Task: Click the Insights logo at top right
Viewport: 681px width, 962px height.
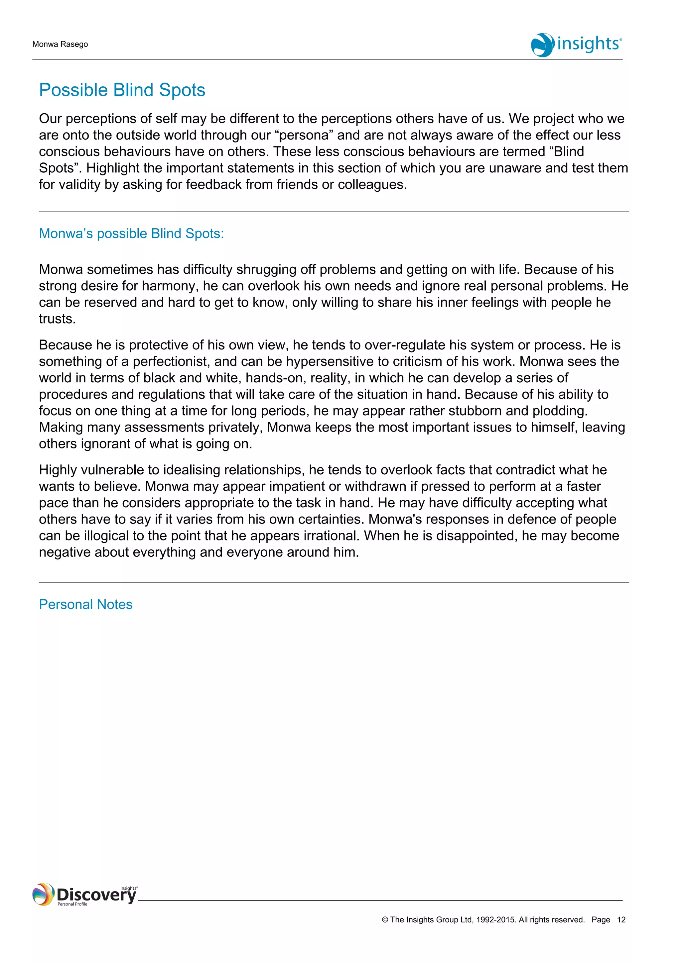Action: [x=576, y=45]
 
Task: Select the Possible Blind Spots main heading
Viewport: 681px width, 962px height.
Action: [x=122, y=90]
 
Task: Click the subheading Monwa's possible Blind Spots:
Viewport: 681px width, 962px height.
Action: [x=131, y=234]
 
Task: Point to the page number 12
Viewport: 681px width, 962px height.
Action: [x=621, y=920]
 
